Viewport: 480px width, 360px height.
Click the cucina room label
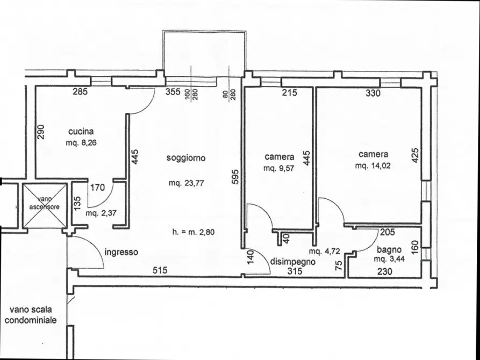pos(81,132)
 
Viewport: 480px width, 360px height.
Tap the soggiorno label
pos(186,158)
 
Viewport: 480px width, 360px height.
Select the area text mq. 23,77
pos(186,183)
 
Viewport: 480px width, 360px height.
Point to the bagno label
pos(389,250)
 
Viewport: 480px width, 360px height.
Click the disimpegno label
pos(292,262)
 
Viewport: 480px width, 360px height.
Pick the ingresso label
pos(121,252)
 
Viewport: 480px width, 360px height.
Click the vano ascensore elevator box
pos(45,205)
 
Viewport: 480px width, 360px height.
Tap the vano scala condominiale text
pos(31,315)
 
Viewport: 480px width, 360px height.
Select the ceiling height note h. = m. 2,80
pos(193,232)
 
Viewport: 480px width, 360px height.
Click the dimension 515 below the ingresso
pos(160,270)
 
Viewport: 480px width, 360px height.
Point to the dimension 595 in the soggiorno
pos(235,177)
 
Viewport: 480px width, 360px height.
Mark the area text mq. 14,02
pos(373,166)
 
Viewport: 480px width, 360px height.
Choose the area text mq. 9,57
pos(278,168)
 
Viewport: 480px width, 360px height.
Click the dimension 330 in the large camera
pos(373,93)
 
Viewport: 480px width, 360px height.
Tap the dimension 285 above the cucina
pos(80,91)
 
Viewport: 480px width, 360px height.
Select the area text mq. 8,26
pos(81,143)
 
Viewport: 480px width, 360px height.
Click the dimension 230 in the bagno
pos(384,271)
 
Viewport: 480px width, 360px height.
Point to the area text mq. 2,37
pos(101,213)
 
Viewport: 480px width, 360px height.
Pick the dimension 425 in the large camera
pos(415,155)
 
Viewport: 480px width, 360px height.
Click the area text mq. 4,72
pos(325,251)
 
